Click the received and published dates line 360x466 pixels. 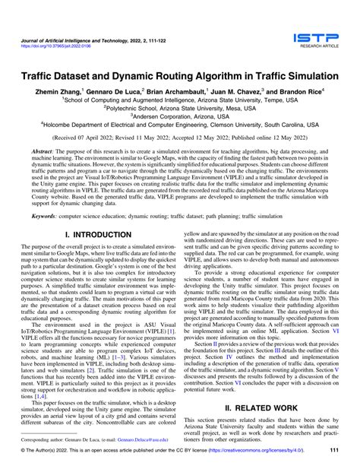point(180,141)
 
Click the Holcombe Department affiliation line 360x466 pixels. point(180,130)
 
